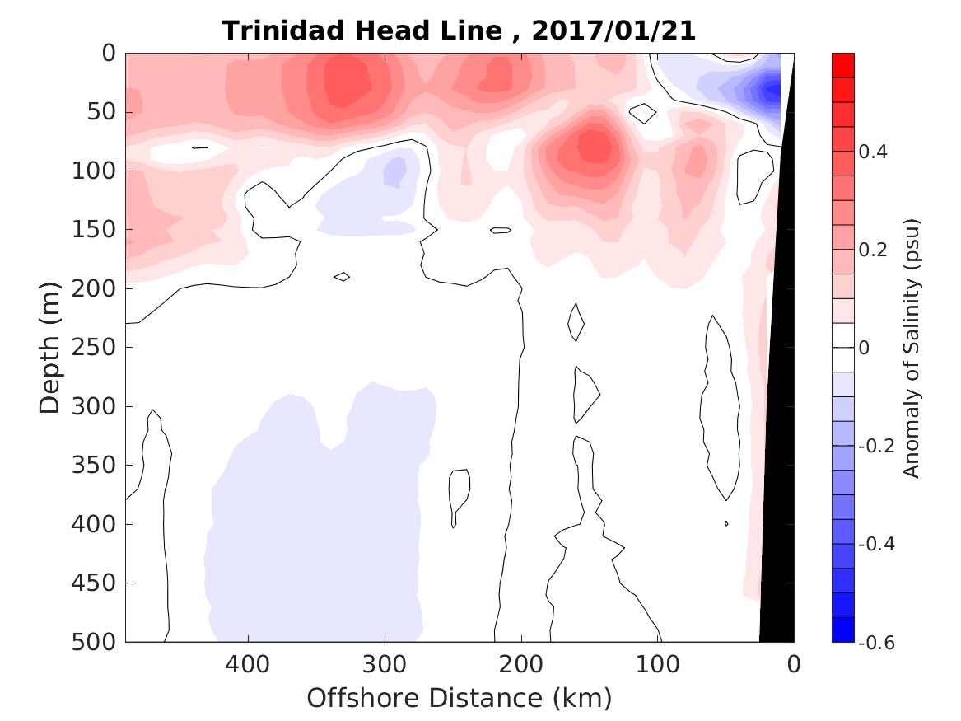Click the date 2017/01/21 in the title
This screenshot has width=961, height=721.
(613, 30)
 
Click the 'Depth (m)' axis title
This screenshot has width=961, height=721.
(51, 347)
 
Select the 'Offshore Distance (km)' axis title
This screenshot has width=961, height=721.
(460, 698)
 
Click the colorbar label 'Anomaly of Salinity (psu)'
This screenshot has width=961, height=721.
(911, 347)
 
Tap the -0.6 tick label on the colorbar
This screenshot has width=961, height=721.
(878, 641)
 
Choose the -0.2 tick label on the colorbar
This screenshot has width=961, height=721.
(878, 446)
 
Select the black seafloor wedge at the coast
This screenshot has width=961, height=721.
(779, 412)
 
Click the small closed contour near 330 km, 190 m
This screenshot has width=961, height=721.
(342, 276)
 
